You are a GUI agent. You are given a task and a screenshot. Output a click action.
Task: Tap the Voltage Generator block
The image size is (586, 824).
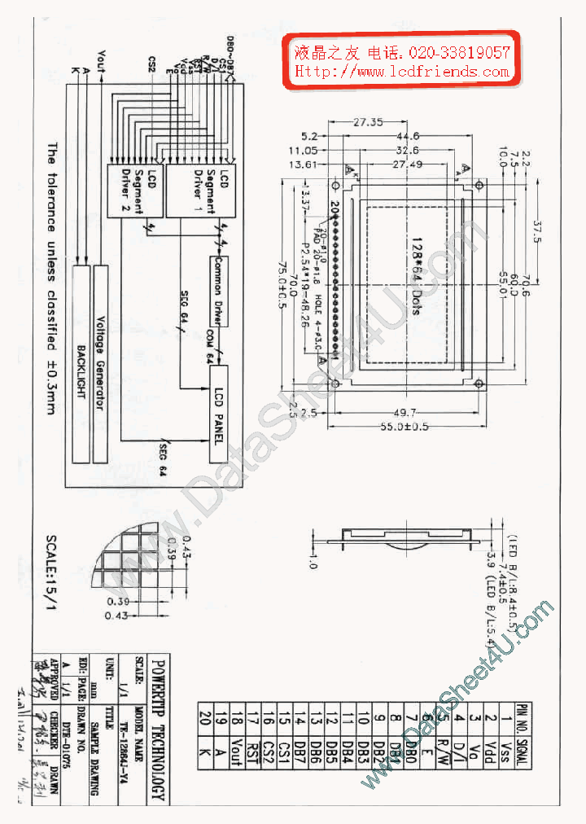click(101, 362)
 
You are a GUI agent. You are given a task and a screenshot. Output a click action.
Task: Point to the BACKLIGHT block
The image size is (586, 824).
click(81, 362)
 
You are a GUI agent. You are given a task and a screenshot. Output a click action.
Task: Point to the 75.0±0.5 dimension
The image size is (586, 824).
click(282, 281)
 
